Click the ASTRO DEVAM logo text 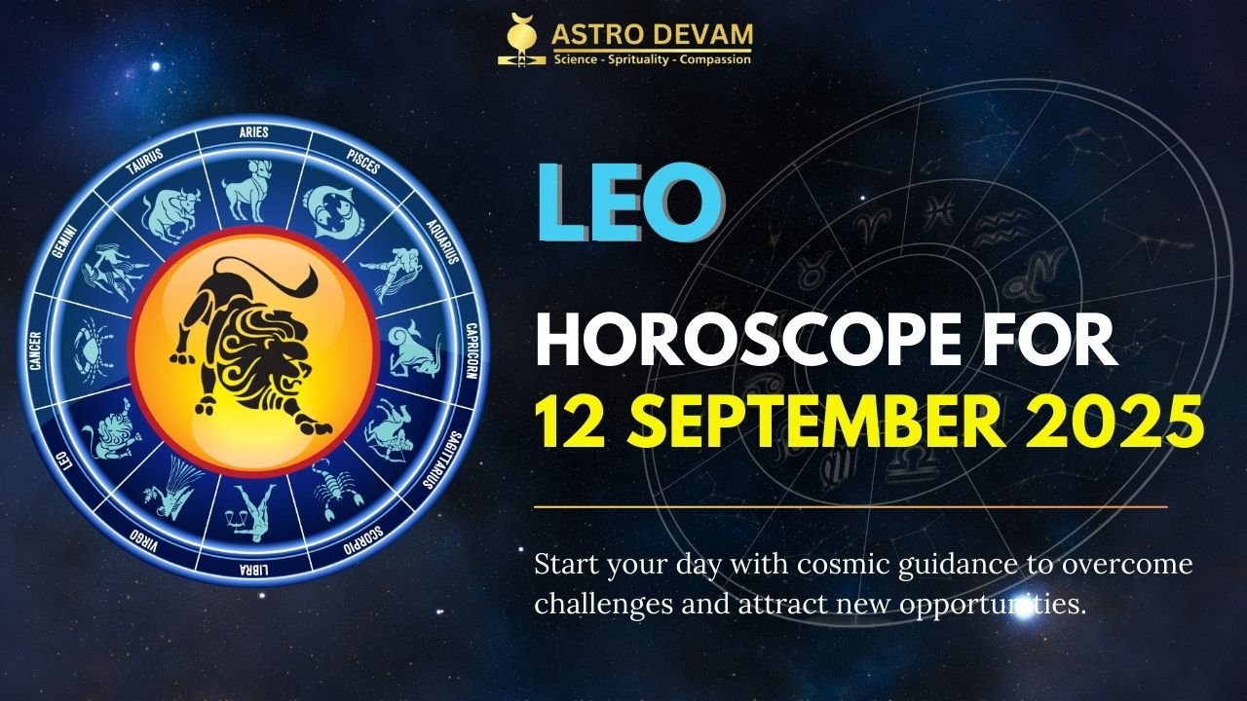652,34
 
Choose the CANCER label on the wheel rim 35,350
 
